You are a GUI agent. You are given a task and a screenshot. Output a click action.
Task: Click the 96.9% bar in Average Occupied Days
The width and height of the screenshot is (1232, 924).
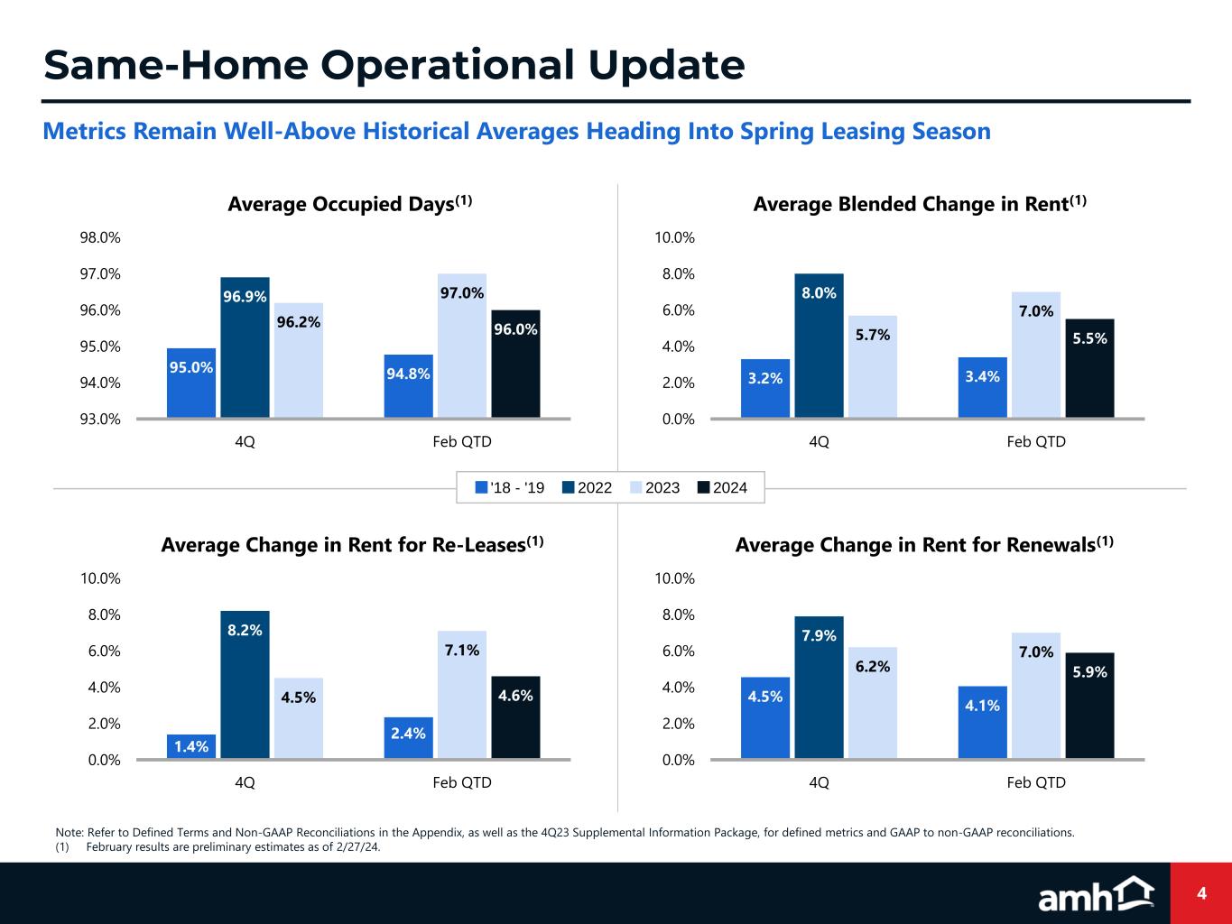tap(245, 347)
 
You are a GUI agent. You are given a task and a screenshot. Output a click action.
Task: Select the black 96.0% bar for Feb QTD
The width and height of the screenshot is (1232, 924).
tap(515, 364)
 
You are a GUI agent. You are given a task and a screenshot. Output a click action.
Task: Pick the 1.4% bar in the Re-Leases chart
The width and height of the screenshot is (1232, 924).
tap(191, 746)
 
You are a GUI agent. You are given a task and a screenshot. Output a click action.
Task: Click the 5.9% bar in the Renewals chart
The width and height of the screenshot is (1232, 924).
tap(1089, 705)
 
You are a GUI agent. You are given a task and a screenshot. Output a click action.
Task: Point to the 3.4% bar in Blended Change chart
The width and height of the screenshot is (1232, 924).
tap(982, 387)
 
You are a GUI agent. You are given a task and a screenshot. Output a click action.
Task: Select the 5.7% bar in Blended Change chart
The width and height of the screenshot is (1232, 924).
tap(873, 366)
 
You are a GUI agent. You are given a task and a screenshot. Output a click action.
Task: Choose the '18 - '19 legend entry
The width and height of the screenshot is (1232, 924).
tap(510, 488)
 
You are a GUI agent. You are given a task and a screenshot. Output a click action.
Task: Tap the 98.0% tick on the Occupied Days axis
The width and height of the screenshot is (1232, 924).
tap(100, 238)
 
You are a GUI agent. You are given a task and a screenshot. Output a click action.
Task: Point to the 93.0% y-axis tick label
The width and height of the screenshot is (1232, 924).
tap(100, 419)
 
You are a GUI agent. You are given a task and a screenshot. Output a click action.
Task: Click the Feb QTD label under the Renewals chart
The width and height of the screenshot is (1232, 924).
tap(1036, 782)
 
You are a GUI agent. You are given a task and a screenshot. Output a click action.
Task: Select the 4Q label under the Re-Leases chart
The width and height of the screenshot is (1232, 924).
tap(245, 782)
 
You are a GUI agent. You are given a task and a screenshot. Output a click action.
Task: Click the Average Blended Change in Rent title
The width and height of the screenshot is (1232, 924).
tap(919, 205)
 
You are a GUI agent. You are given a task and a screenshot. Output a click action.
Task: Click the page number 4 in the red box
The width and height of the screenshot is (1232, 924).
tap(1201, 893)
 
